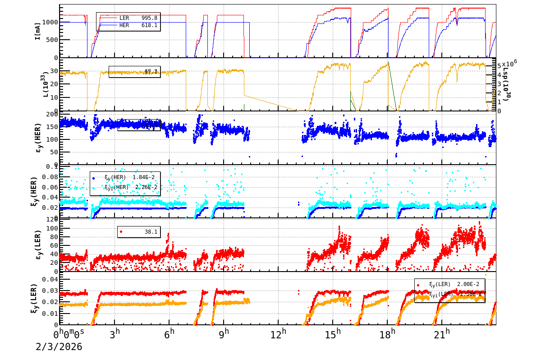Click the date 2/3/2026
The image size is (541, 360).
tap(59, 346)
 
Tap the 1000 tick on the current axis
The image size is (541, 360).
tap(50, 22)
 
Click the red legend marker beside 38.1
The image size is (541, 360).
tap(121, 231)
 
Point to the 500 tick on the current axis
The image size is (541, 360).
tap(51, 40)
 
